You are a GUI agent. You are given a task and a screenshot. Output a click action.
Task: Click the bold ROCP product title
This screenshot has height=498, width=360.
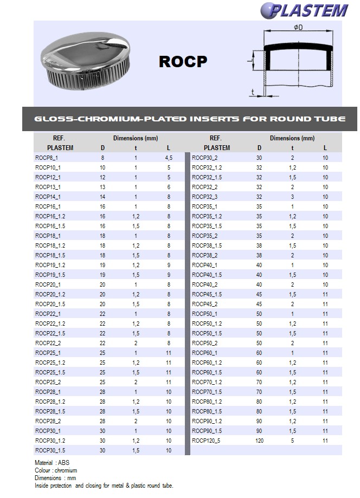tap(183, 62)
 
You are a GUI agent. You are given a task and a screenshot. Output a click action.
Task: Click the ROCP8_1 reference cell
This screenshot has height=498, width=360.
tap(48, 158)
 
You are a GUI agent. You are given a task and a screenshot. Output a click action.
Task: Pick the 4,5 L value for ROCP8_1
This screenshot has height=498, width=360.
tap(169, 158)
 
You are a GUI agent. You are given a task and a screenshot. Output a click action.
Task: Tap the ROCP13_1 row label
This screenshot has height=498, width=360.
tap(48, 187)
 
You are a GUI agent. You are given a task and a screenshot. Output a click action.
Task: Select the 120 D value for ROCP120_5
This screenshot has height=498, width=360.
tap(259, 441)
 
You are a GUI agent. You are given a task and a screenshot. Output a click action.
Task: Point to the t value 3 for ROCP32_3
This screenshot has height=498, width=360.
tap(292, 197)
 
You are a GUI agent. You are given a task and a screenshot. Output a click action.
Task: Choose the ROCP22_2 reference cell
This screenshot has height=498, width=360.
tap(48, 343)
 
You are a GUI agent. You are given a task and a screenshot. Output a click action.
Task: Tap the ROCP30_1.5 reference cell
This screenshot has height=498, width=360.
tap(50, 450)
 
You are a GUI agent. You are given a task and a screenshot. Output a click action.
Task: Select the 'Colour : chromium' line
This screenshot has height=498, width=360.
tap(56, 470)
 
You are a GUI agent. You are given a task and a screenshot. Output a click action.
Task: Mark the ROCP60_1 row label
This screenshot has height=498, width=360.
tap(205, 353)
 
